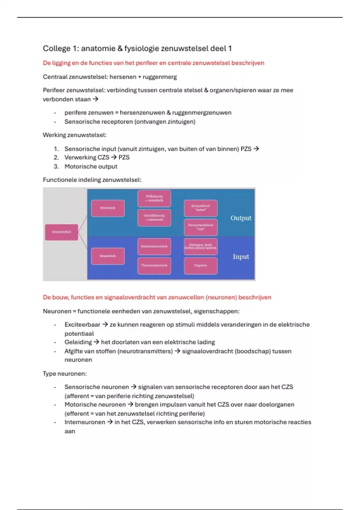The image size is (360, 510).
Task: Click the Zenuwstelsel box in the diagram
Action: point(61,232)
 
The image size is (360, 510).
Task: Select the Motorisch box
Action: point(108,208)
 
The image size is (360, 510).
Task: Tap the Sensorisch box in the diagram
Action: point(108,256)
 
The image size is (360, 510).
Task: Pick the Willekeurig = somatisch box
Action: point(154,198)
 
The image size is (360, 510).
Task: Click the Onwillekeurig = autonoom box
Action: point(154,217)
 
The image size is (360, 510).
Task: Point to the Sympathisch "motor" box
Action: point(200,208)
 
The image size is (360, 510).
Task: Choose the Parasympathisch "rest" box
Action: point(200,227)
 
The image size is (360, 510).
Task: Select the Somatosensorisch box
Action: point(154,246)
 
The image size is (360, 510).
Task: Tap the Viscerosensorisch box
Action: point(154,265)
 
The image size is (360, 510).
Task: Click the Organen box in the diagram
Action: point(200,265)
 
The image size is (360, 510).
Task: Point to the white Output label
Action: point(241,218)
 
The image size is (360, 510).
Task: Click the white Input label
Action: point(241,257)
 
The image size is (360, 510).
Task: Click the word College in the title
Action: point(57,49)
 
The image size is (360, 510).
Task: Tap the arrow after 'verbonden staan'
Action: point(95,99)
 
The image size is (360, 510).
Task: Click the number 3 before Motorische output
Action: point(56,166)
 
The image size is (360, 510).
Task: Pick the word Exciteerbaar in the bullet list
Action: point(82,325)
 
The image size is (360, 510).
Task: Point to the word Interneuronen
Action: point(85,422)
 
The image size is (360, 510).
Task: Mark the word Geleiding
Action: point(78,342)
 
